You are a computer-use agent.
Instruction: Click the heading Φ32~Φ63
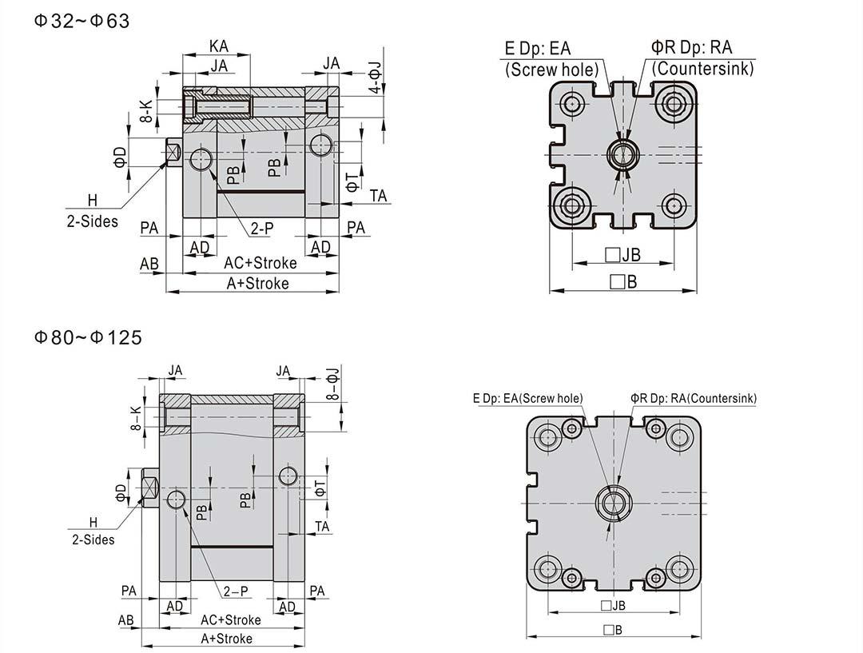pos(81,21)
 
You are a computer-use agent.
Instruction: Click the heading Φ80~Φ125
pos(87,337)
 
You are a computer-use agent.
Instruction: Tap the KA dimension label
pos(219,46)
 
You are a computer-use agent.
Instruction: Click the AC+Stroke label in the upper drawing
pos(260,263)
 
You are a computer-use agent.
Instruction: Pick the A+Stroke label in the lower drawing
pos(226,639)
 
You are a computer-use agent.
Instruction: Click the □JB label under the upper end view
pos(622,256)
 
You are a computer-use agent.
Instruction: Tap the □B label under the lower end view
pos(613,630)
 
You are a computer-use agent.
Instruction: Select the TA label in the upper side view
pos(379,195)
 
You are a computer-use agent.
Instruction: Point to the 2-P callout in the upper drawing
pos(262,229)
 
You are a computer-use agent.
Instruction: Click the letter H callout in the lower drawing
pos(93,521)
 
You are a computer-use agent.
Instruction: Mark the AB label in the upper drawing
pos(149,263)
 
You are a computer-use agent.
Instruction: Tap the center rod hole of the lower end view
pos(614,502)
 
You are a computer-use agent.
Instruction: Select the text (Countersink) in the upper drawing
pos(702,69)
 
